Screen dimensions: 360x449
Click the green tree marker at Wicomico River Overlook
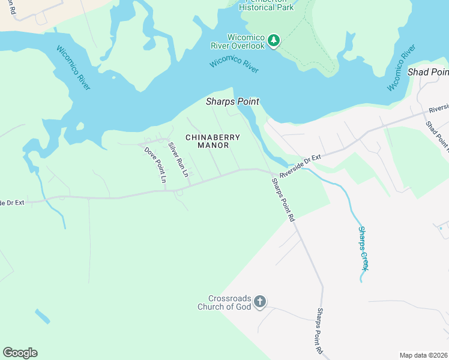[x=274, y=40]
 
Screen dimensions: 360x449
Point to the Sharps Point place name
[x=232, y=101]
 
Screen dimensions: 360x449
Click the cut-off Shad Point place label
[x=427, y=72]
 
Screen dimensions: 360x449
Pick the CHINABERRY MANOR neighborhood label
[x=212, y=141]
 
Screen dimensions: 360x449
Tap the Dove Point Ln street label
[x=155, y=164]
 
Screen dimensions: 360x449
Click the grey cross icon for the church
[x=259, y=302]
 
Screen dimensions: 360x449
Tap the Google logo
[x=20, y=352]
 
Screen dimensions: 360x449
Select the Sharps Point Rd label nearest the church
[x=319, y=331]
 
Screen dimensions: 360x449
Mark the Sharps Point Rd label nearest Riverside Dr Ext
[x=283, y=200]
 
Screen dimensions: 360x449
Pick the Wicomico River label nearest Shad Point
[x=401, y=67]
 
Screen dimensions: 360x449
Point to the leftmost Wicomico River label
[x=73, y=68]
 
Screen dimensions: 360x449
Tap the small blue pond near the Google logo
[x=42, y=316]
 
